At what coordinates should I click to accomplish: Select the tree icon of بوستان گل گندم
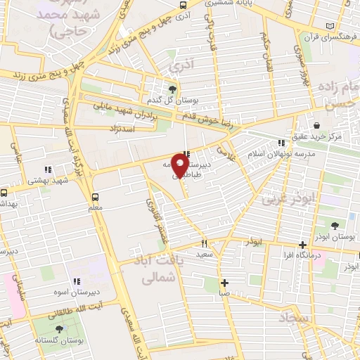pos(173,89)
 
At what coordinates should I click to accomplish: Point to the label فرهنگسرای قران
pos(331,35)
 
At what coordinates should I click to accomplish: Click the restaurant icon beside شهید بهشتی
pos(48,169)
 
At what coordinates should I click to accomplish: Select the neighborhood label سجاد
pos(293,320)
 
